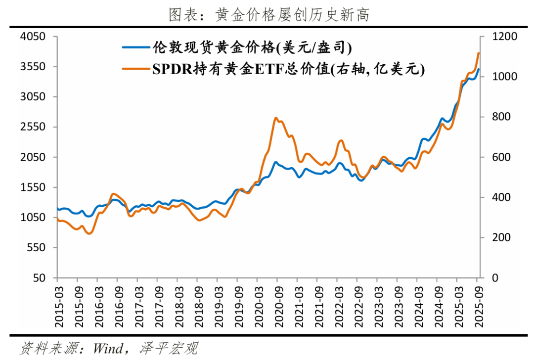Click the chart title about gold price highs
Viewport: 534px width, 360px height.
tap(269, 15)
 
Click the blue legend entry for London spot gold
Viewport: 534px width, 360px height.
tap(237, 47)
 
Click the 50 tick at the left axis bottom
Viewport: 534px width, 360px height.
tap(39, 278)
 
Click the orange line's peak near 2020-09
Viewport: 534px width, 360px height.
tap(276, 118)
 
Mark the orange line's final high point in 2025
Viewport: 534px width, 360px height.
tap(478, 53)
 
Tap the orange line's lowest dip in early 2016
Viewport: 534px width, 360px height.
tap(89, 233)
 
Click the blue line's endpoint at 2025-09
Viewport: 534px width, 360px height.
tap(478, 69)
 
